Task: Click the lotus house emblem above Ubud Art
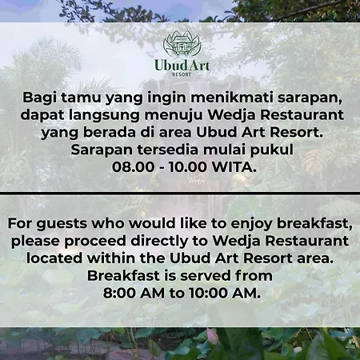[x=182, y=44]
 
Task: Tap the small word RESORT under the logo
[x=182, y=74]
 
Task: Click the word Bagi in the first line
[x=39, y=98]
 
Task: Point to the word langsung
[x=104, y=115]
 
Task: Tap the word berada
[x=110, y=133]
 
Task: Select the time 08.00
[x=134, y=167]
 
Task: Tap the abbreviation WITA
[x=234, y=167]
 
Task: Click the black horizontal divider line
[x=180, y=193]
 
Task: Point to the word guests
[x=62, y=224]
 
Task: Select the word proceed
[x=95, y=242]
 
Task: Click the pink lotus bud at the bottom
[x=212, y=335]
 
